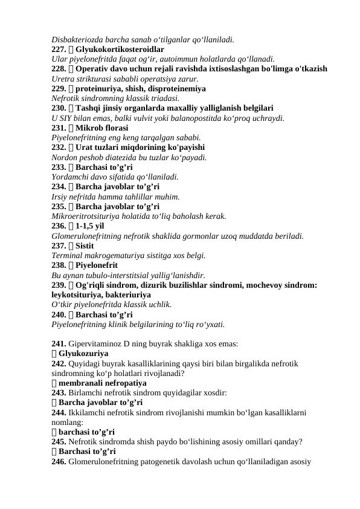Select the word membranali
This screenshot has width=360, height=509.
[81, 383]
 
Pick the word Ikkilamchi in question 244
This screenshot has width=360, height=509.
[86, 412]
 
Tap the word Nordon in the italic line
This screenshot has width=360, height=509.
[64, 157]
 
